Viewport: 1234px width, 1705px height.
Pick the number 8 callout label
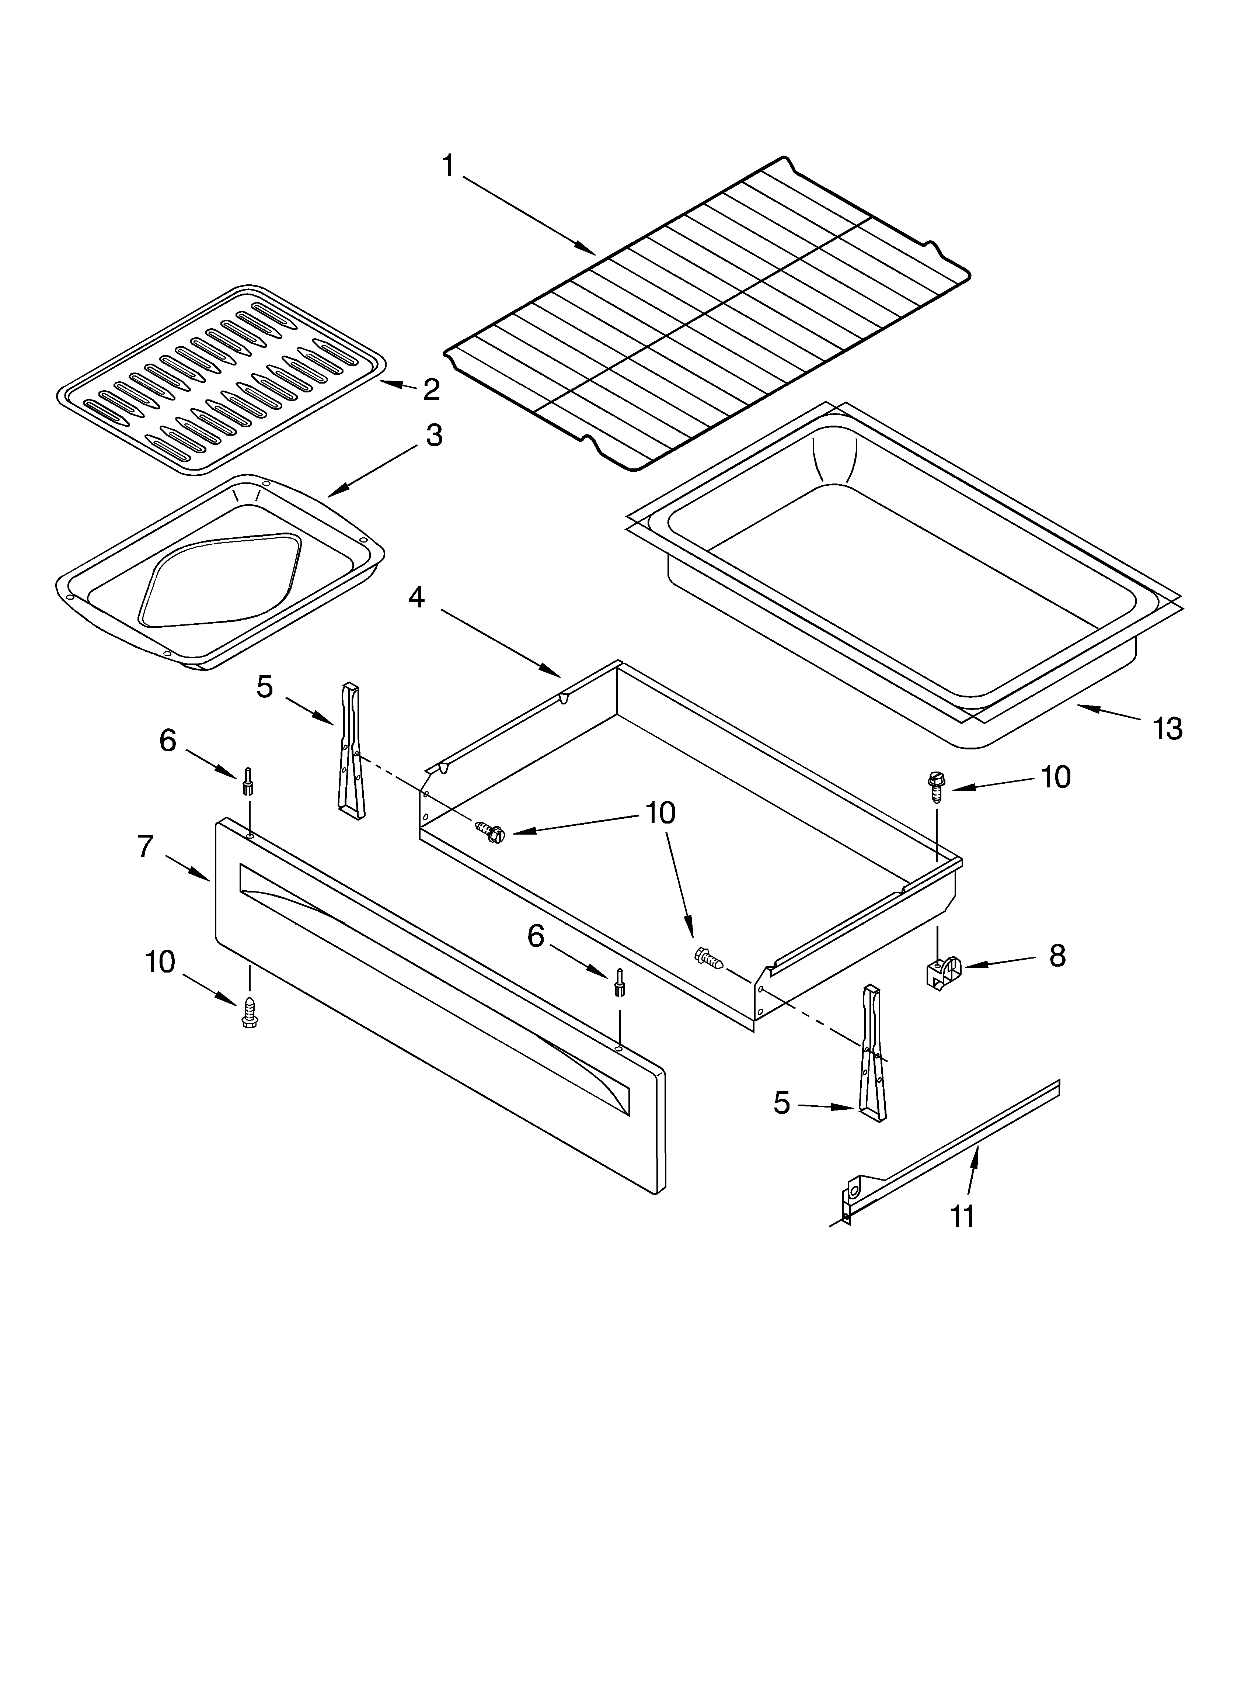[1057, 956]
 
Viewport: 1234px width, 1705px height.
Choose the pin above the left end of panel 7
[247, 782]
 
